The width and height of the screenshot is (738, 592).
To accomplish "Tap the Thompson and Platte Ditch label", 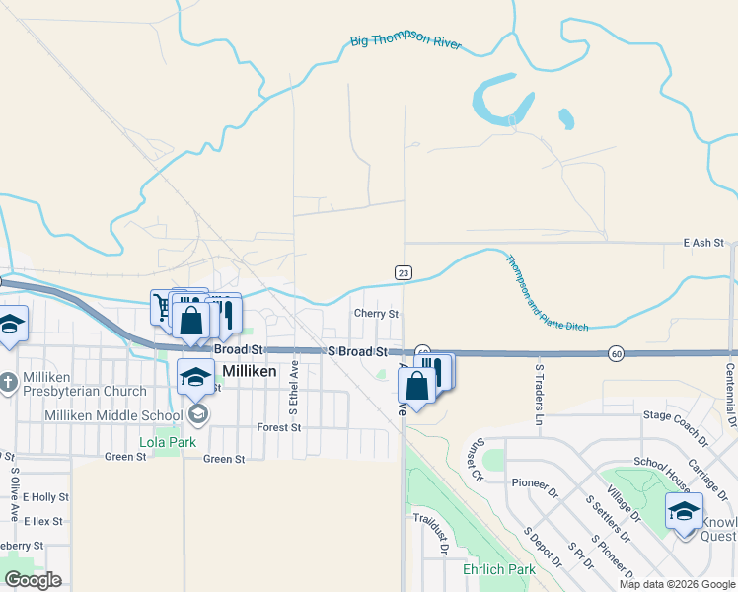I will click(x=547, y=293).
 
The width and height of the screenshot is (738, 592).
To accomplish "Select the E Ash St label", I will click(x=703, y=242).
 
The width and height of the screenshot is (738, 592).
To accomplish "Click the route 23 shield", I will click(x=403, y=272).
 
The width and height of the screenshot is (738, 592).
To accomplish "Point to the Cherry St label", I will click(x=376, y=314).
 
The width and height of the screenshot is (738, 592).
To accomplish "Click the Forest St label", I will click(x=278, y=427).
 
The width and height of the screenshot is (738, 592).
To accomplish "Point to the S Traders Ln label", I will click(x=540, y=394).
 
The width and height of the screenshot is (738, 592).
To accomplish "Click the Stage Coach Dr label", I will click(x=676, y=425).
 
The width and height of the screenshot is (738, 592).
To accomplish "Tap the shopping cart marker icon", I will click(x=162, y=306).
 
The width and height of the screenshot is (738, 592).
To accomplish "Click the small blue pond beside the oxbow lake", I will click(x=566, y=120).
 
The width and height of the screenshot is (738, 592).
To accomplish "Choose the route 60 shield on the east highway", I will click(x=616, y=353).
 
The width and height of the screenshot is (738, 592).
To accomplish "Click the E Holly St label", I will click(x=45, y=497).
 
